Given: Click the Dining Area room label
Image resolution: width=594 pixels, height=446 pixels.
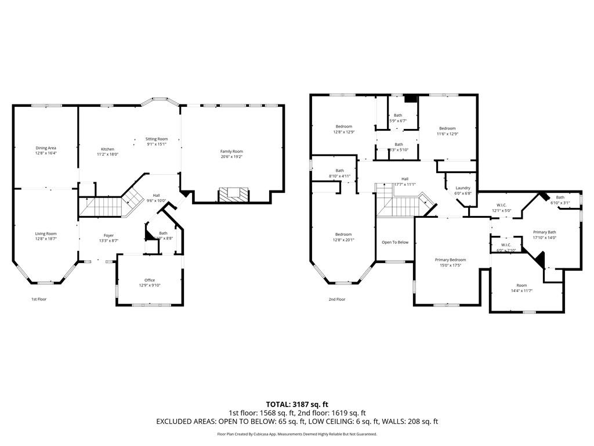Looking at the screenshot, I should click(x=45, y=148).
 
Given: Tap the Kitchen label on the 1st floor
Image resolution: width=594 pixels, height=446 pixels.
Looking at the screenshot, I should click(x=107, y=149).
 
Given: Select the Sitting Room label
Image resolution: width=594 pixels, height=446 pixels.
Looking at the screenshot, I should click(x=157, y=139).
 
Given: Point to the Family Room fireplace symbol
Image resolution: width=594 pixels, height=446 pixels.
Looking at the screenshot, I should click(x=233, y=193).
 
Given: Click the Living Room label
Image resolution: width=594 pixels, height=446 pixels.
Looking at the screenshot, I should click(x=45, y=233).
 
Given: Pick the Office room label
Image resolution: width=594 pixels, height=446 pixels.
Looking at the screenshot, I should click(x=150, y=280).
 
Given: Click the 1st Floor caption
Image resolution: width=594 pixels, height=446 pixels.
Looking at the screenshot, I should click(x=39, y=299).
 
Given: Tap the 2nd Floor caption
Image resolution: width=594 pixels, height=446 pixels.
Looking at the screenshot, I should click(x=336, y=299).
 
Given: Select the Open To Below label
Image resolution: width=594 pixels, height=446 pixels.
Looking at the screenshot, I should click(x=394, y=242).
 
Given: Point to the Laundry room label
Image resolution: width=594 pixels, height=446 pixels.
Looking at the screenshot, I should click(x=463, y=188).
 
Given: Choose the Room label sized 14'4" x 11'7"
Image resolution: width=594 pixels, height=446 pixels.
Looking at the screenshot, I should click(x=521, y=285).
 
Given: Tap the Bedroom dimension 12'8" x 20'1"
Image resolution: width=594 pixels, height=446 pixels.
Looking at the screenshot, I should click(x=343, y=239).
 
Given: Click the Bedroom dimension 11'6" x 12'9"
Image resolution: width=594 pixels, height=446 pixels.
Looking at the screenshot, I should click(x=448, y=134).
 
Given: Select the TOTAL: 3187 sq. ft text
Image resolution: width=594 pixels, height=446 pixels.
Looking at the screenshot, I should click(x=297, y=404).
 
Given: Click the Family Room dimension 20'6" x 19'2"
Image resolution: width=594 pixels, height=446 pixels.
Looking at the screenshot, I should click(x=231, y=156).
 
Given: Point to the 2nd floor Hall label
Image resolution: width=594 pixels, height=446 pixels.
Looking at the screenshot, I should click(x=404, y=179).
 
